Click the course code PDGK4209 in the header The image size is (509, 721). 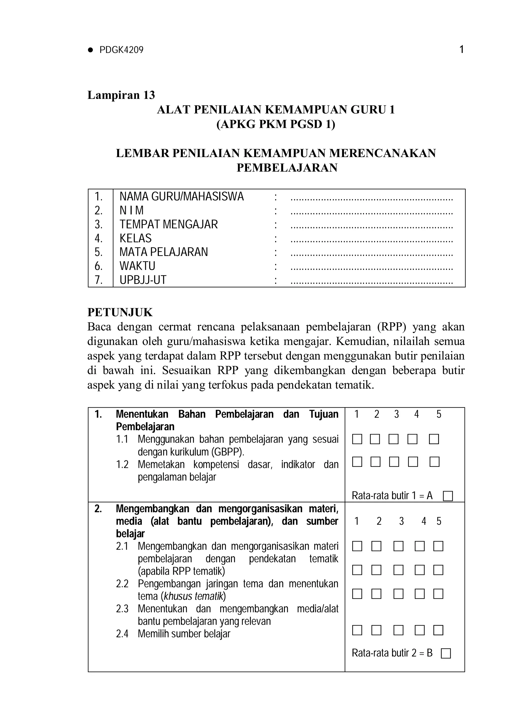121,50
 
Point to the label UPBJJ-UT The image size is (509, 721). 143,280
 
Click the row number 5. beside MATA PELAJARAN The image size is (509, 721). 99,252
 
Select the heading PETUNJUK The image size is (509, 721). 120,312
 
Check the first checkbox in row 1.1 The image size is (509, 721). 357,439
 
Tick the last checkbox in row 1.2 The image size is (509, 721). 434,462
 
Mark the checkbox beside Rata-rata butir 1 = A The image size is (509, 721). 448,496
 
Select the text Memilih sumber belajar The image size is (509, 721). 184,634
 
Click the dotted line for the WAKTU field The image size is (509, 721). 372,268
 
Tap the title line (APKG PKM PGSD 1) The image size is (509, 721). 276,124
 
